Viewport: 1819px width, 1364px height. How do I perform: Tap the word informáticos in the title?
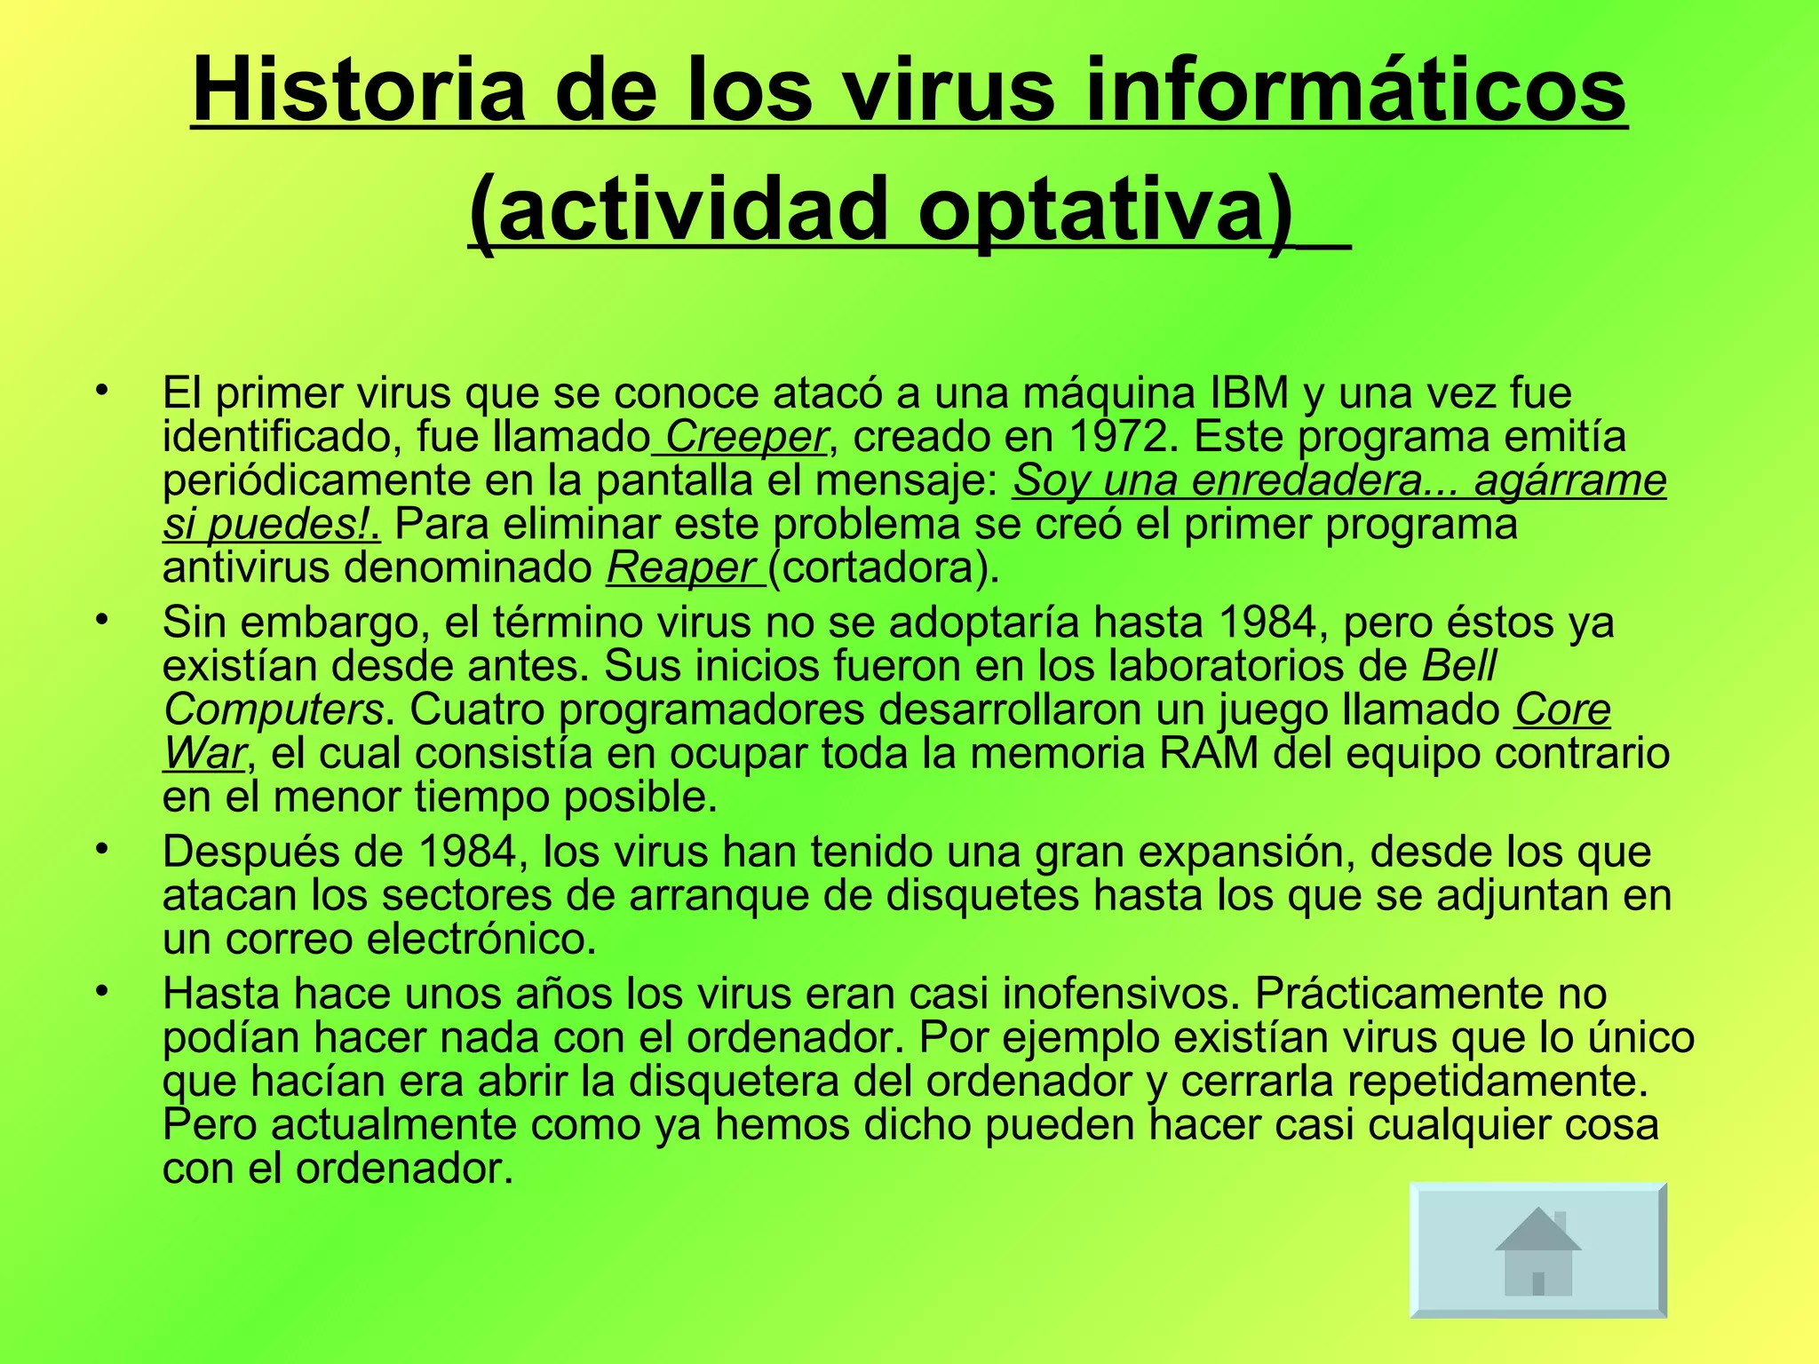[1355, 91]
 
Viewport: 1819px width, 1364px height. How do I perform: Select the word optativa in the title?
[1103, 210]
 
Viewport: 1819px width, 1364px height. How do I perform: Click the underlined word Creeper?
[745, 437]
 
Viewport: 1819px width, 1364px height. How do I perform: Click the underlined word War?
[203, 753]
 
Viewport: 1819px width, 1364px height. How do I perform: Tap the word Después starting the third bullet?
[251, 852]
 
